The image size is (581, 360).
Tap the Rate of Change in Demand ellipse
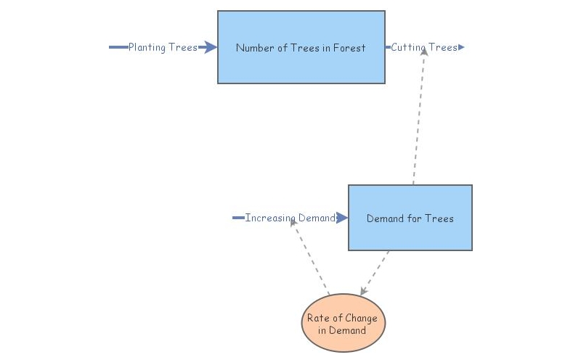click(x=343, y=323)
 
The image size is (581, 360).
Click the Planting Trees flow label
click(x=163, y=48)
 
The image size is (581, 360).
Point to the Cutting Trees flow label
click(x=424, y=48)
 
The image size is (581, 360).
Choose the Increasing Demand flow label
click(x=290, y=218)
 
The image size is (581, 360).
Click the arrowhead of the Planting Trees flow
click(x=210, y=47)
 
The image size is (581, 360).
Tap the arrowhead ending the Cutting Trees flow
click(x=461, y=47)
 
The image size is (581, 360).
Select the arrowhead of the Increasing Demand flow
click(x=342, y=218)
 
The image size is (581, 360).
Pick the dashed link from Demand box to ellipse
click(x=375, y=273)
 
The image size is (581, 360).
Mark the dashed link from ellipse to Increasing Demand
click(x=311, y=258)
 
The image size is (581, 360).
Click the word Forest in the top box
click(x=349, y=48)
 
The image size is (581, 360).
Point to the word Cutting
click(x=409, y=48)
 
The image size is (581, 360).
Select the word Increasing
click(x=268, y=218)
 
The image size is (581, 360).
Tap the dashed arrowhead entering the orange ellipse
click(x=364, y=290)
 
